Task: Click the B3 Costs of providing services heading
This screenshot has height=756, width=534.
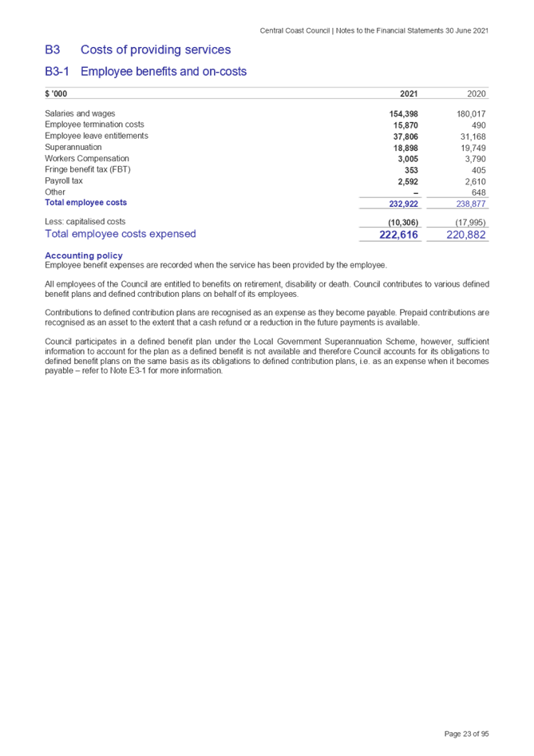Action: pos(138,49)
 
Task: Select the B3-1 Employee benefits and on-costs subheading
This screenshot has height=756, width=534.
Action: pos(146,72)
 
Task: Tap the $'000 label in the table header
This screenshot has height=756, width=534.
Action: pos(56,94)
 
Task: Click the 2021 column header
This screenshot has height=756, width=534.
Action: pos(407,94)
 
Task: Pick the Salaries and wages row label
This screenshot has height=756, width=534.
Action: pos(81,113)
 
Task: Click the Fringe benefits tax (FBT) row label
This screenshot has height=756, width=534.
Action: pos(88,169)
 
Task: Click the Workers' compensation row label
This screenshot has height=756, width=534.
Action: pos(87,158)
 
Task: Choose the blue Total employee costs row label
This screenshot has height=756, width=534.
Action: pos(85,203)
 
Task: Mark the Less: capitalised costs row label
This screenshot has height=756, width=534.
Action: pos(85,221)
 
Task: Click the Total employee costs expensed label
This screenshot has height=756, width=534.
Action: pos(121,234)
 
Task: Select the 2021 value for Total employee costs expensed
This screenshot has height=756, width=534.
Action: pos(399,234)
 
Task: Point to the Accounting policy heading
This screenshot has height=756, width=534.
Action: pos(84,255)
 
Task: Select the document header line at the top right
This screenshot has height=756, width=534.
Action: pos(374,30)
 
